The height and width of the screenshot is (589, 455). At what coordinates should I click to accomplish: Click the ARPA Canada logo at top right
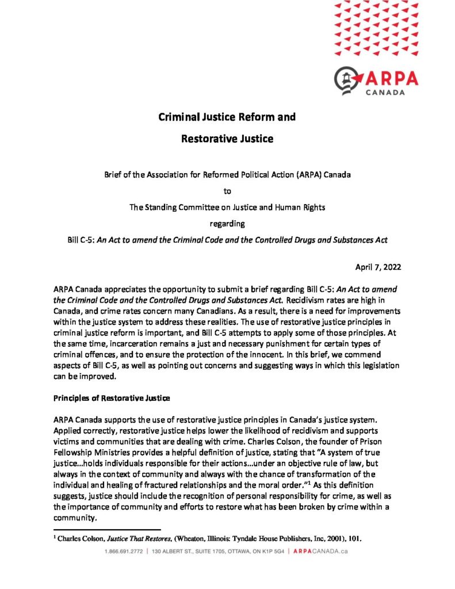click(376, 81)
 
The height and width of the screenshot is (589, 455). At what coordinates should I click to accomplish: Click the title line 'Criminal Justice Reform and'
click(227, 117)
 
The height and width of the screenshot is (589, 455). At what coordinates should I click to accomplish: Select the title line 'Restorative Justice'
click(227, 139)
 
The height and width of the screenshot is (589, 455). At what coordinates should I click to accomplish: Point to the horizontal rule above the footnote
click(107, 530)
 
